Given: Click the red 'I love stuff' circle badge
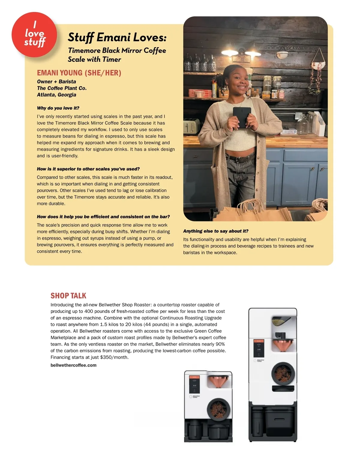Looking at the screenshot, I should pyautogui.click(x=34, y=34).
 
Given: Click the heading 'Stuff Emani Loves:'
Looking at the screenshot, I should pyautogui.click(x=117, y=37).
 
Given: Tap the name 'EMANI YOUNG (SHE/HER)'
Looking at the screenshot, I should pyautogui.click(x=79, y=73).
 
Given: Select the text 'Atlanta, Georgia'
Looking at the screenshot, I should pyautogui.click(x=56, y=95).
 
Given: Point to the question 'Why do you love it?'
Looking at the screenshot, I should pyautogui.click(x=58, y=108).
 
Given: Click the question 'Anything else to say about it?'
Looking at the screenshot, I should pyautogui.click(x=216, y=231).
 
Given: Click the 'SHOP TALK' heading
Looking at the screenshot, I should pyautogui.click(x=68, y=296).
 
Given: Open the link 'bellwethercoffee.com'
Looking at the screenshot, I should pyautogui.click(x=73, y=365).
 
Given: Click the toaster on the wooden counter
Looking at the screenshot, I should pyautogui.click(x=192, y=126).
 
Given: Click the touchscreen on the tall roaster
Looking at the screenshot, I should pyautogui.click(x=258, y=348).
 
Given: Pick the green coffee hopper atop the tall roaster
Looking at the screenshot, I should pyautogui.click(x=280, y=321).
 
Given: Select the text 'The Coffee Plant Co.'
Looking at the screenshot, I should pyautogui.click(x=62, y=88).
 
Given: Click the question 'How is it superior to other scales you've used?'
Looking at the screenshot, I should pyautogui.click(x=88, y=169).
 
